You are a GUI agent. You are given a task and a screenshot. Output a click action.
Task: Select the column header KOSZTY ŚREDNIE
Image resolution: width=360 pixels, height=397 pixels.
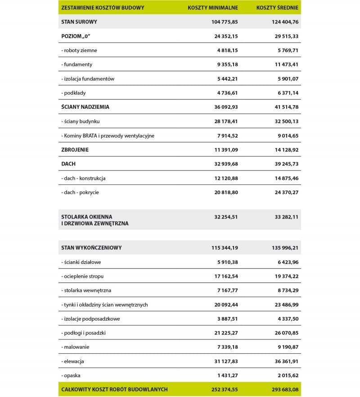(x=277, y=8)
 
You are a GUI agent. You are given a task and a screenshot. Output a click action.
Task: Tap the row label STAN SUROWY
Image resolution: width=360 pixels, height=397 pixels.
(x=79, y=22)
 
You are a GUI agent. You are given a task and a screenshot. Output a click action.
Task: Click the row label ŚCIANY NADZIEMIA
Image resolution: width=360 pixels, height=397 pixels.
(x=85, y=107)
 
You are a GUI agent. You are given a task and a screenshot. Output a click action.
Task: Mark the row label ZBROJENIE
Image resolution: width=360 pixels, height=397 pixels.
(x=75, y=150)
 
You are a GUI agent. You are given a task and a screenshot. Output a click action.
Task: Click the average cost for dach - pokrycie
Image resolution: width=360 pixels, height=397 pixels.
(x=283, y=192)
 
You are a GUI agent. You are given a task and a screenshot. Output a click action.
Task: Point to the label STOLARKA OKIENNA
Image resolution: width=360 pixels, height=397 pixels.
(x=87, y=216)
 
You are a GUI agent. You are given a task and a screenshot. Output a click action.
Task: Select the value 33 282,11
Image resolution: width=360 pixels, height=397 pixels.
(x=283, y=216)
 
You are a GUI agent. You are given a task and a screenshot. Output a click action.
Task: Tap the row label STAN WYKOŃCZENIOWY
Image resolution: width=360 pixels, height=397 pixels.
(x=91, y=248)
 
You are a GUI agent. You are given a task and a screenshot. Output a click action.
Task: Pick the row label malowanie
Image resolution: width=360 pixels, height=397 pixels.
(x=76, y=347)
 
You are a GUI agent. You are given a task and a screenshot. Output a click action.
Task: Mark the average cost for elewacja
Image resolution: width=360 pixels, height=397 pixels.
(x=283, y=361)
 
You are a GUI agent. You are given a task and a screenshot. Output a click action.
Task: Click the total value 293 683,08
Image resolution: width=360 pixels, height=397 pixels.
(x=282, y=389)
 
